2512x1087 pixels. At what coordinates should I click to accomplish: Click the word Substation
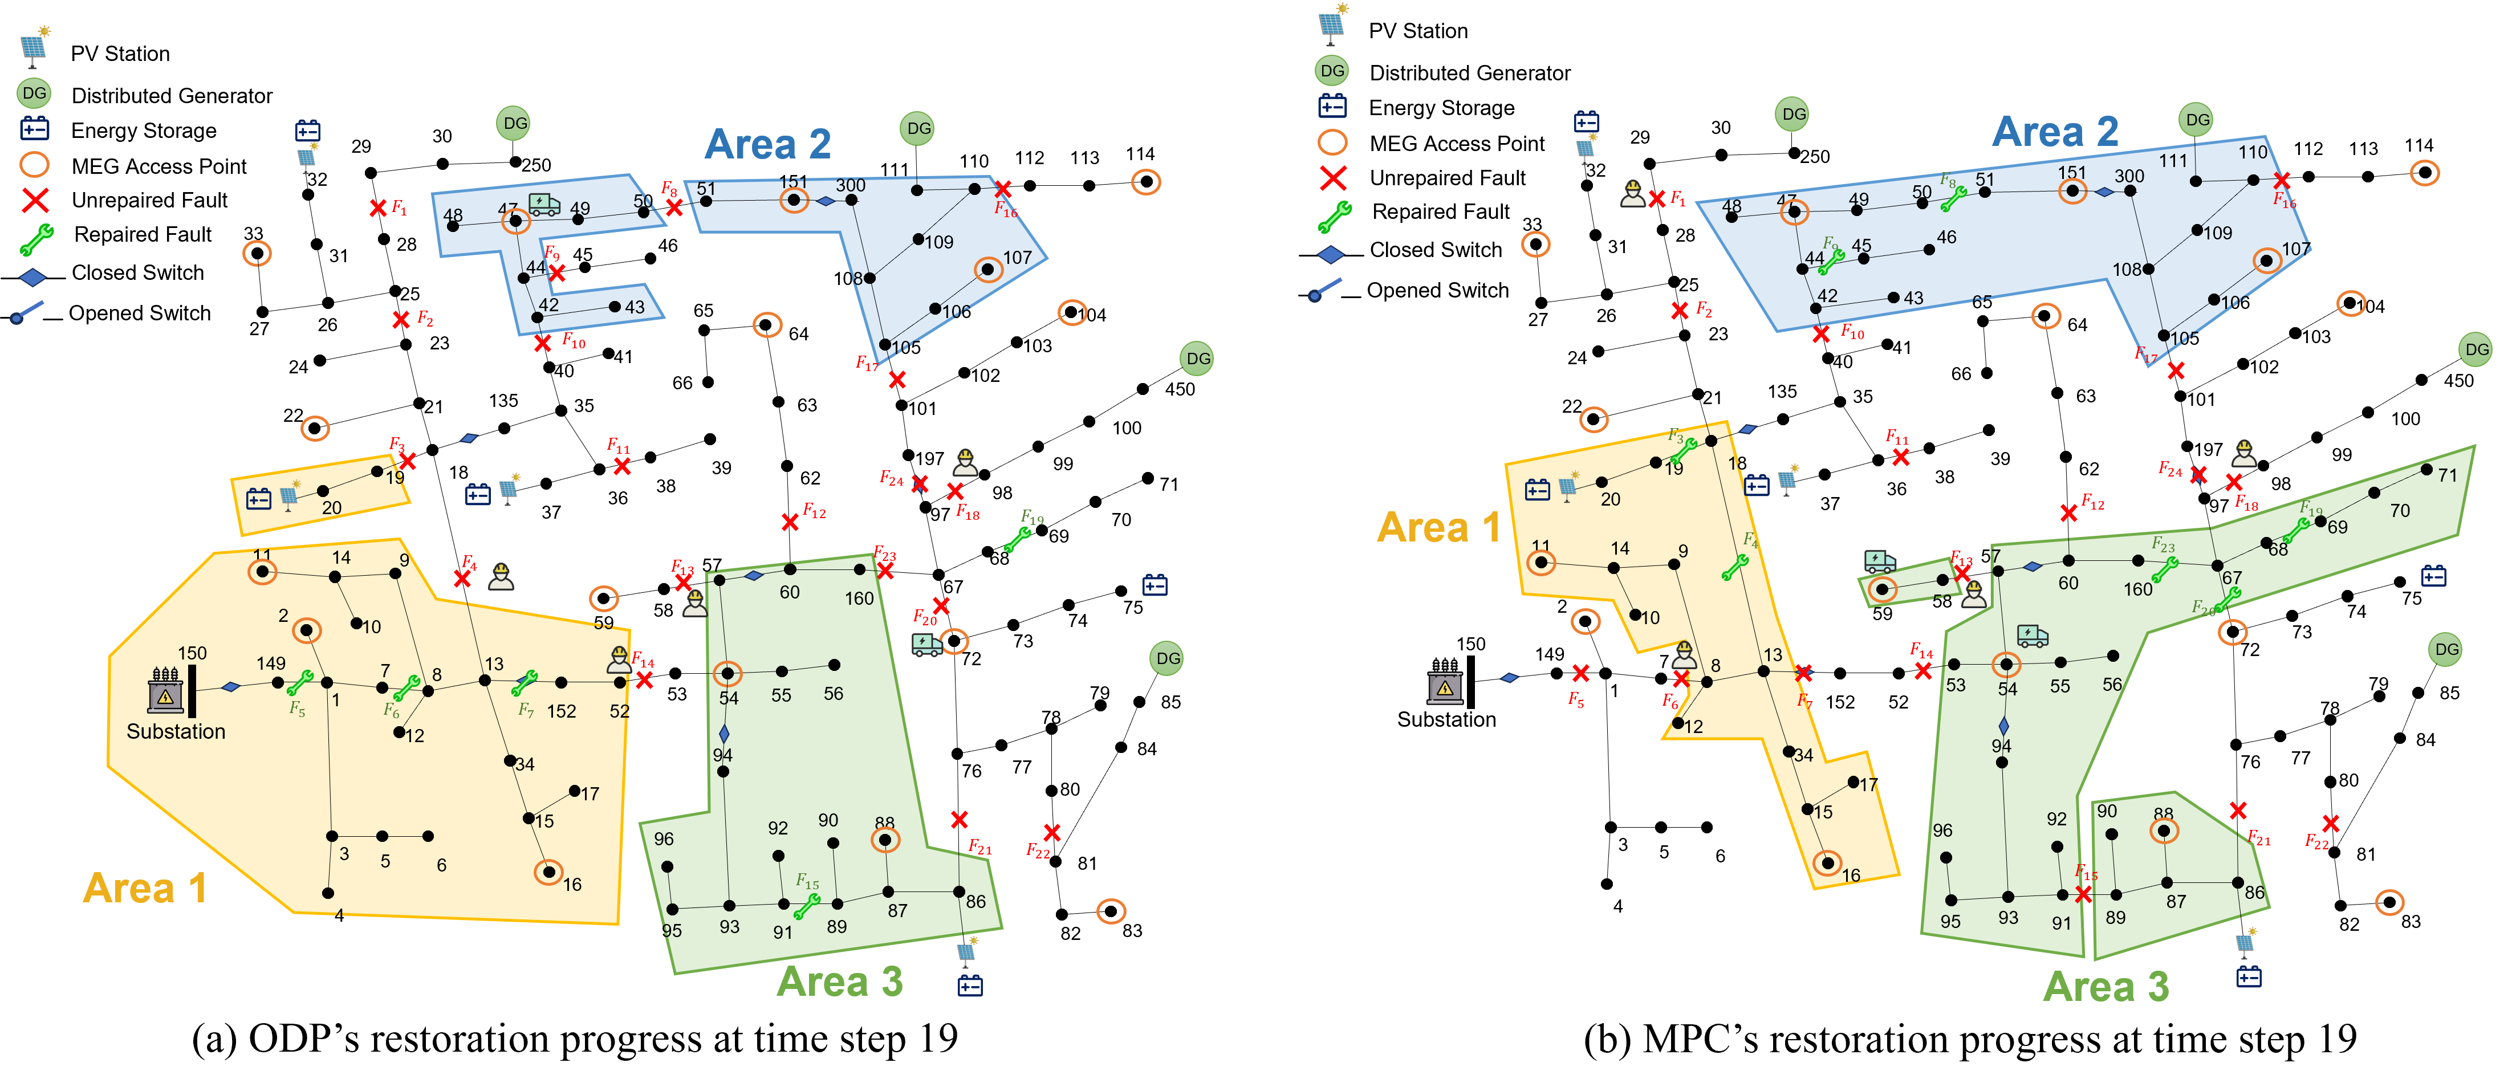coord(176,731)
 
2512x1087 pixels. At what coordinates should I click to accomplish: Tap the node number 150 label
coord(192,653)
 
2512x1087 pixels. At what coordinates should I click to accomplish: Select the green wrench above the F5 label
coord(300,682)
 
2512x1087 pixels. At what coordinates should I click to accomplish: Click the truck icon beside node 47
coord(544,203)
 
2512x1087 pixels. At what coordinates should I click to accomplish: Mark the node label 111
coord(2173,161)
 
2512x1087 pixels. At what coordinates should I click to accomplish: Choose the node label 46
coord(1946,237)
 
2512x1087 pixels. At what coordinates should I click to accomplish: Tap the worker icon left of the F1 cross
coord(1632,194)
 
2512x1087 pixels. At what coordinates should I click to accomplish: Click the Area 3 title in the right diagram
coord(2105,987)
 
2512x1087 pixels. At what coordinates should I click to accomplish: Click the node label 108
coord(2127,269)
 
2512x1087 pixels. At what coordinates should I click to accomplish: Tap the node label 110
coord(2253,152)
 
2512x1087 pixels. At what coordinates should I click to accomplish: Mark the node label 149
coord(271,663)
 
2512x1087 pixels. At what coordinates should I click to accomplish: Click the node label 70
coord(2400,511)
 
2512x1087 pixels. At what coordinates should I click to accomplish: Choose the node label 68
coord(2278,550)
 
